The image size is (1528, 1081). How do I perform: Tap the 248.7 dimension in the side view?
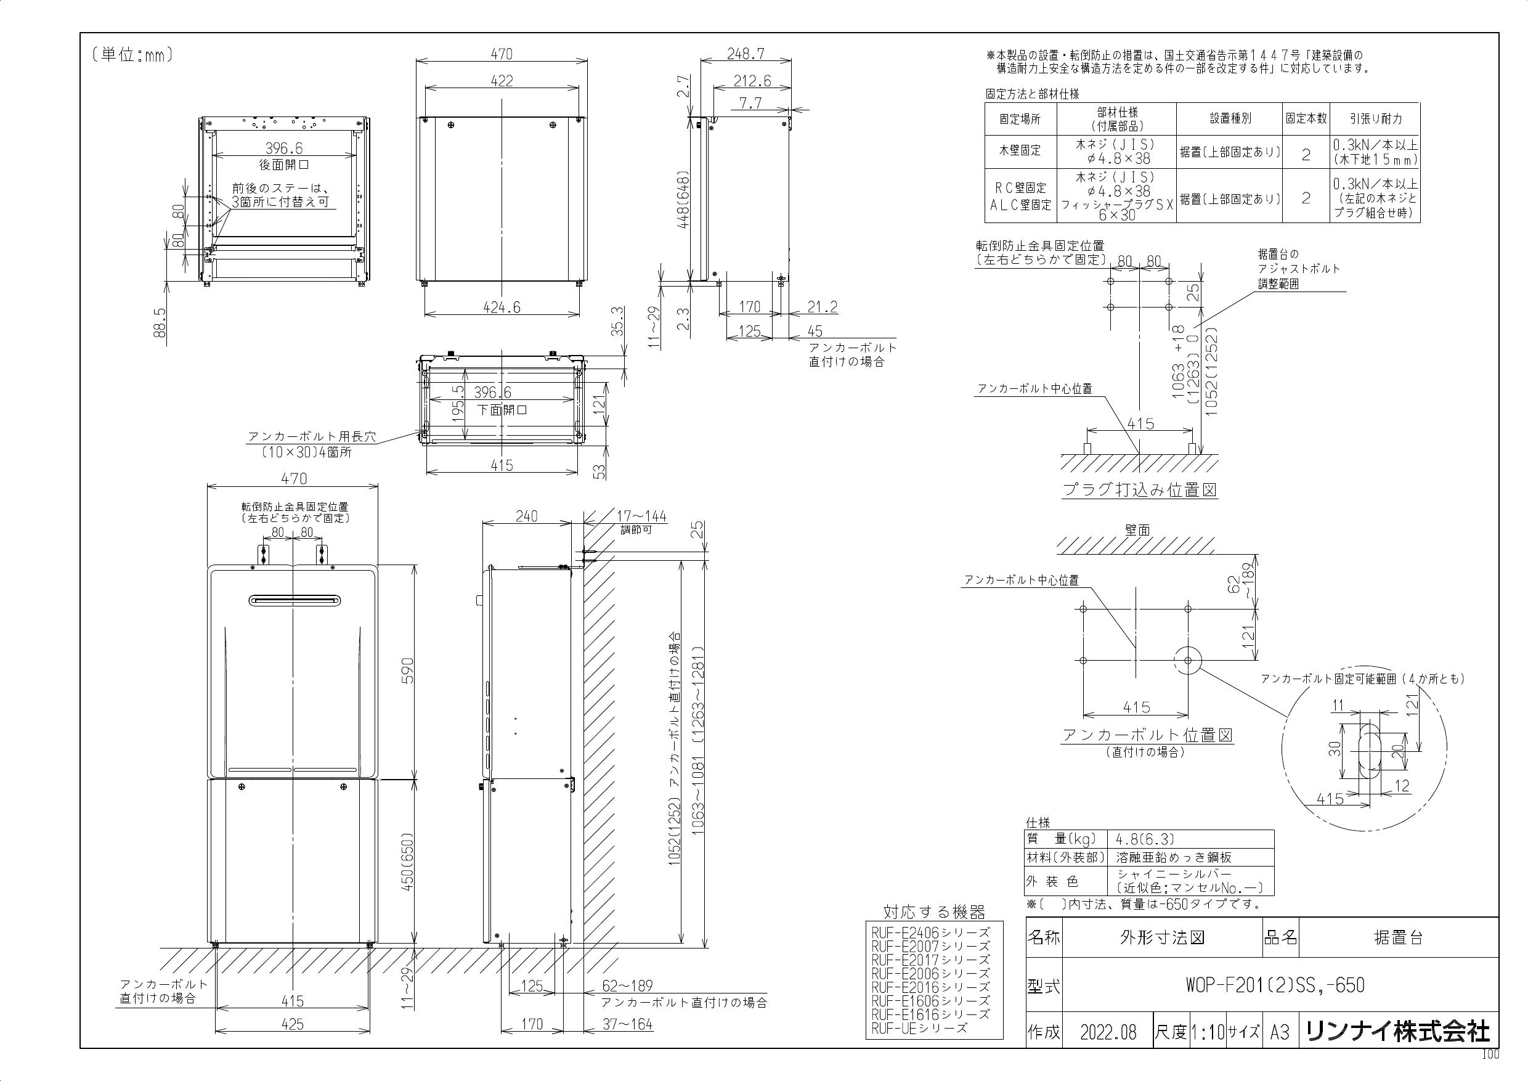coord(746,54)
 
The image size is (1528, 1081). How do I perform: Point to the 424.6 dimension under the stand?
coord(502,307)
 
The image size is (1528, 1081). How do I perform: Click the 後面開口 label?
coord(283,165)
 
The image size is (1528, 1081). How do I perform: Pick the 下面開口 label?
coord(502,409)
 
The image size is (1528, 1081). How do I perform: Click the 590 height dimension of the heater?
coord(407,671)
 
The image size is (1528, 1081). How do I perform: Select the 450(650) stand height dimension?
coord(407,862)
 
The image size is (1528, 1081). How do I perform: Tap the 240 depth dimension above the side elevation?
coord(526,516)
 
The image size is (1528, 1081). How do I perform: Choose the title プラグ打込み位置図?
coord(1139,491)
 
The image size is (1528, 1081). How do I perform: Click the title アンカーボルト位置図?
coord(1147,735)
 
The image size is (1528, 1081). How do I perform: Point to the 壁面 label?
coord(1137,531)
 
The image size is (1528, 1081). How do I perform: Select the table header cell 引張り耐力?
coord(1375,118)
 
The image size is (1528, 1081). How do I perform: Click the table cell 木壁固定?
coord(1020,150)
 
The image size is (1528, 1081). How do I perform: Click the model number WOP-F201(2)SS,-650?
coord(1274,985)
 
